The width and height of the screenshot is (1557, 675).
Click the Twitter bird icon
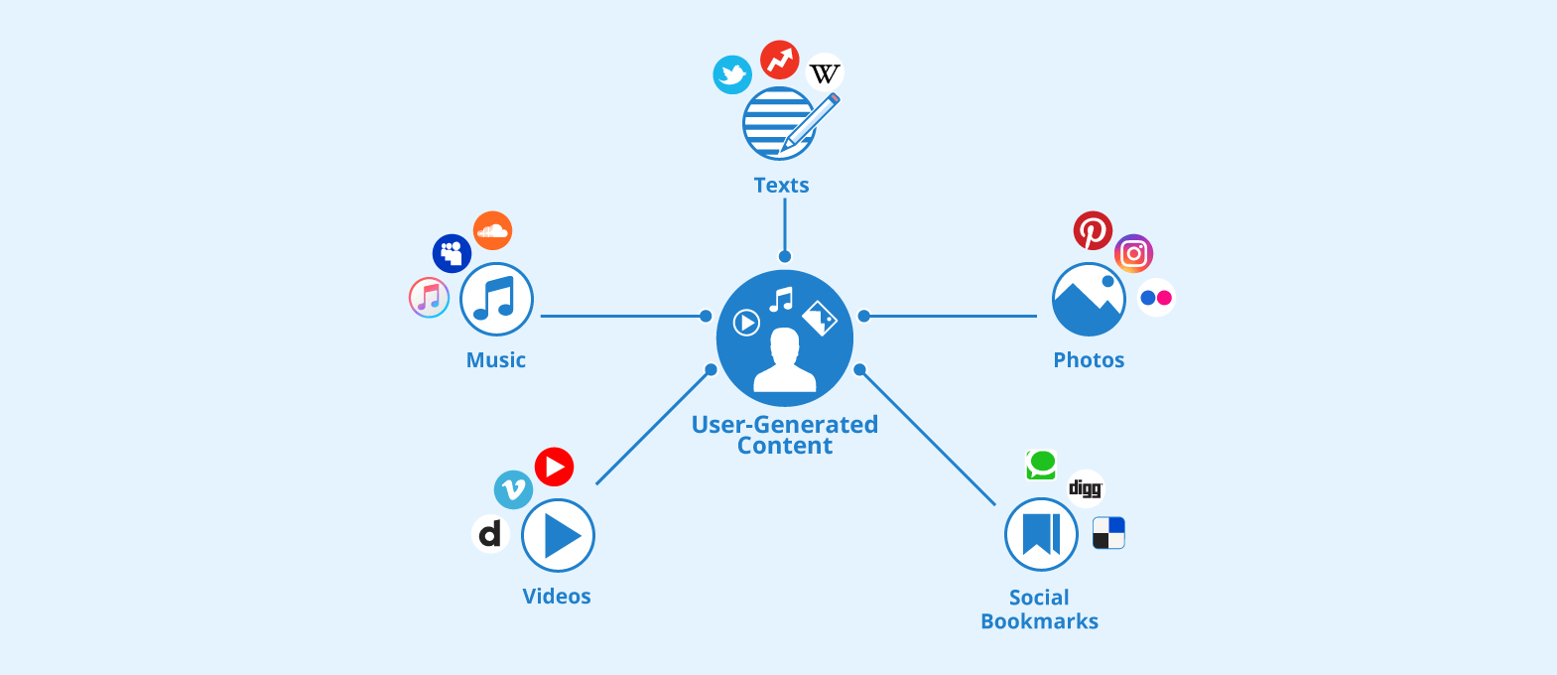732,74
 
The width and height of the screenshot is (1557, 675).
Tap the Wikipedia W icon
825,73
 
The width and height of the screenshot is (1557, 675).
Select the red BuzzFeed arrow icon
780,60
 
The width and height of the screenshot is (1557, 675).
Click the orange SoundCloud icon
492,231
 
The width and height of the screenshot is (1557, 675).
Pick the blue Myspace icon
452,253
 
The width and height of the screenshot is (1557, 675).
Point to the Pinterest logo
1093,231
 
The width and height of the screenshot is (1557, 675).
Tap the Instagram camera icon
1133,254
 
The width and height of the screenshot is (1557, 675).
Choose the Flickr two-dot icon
1156,298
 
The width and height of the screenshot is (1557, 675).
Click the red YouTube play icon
554,467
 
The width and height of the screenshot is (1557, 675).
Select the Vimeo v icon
513,489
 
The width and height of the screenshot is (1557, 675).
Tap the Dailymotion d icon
490,534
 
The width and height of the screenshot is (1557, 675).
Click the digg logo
1085,487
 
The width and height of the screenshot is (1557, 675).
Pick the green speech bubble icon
1041,464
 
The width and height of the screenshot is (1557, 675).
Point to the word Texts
781,186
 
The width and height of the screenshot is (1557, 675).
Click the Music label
496,360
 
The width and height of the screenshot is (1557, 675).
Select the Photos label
1089,360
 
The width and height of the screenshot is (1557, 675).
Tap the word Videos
557,597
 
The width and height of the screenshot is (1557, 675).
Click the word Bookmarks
1039,621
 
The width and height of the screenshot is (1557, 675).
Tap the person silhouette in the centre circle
785,361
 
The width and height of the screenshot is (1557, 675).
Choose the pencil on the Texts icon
813,123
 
